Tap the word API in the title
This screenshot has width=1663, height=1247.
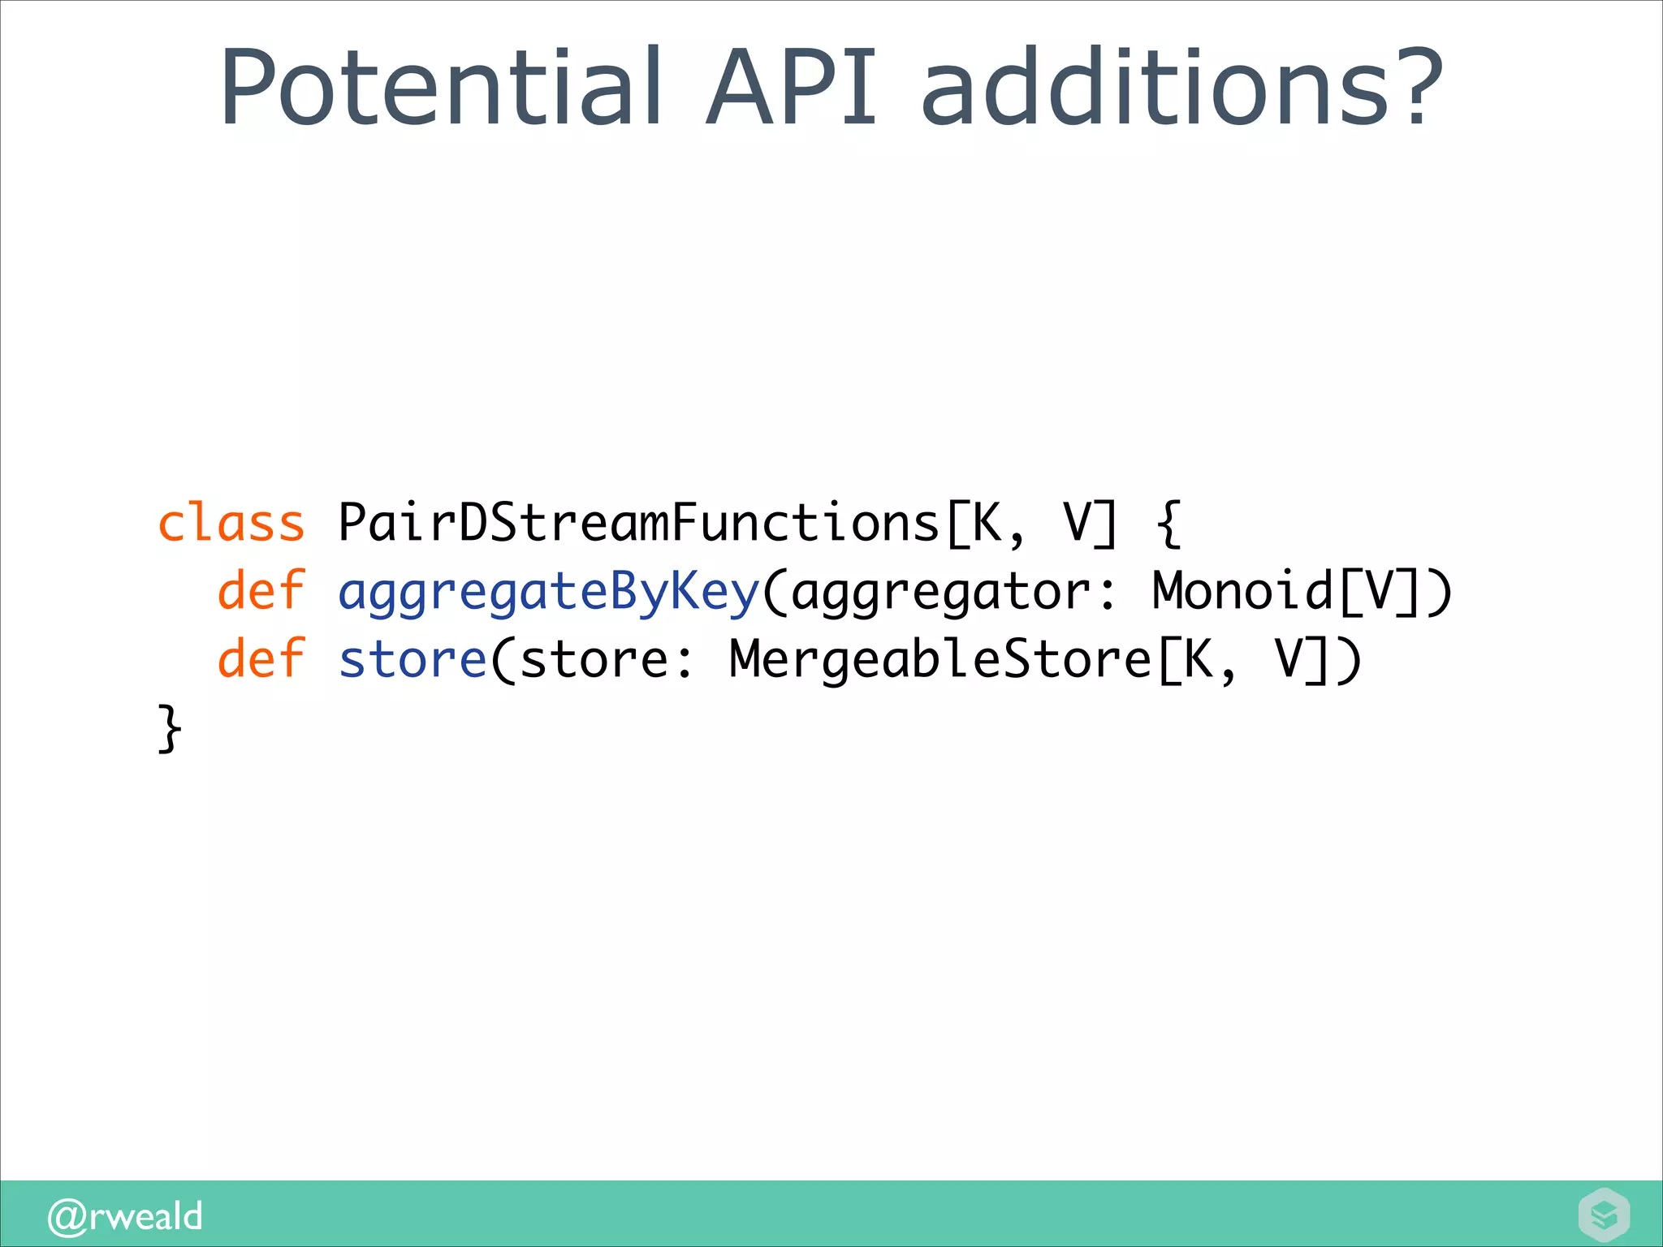pos(791,88)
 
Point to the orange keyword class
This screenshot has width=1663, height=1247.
pos(231,523)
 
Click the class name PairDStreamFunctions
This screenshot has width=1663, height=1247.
pos(638,523)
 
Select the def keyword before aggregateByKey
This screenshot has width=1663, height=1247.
pos(261,590)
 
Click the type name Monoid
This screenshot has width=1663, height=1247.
pos(1242,590)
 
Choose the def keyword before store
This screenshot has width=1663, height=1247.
pos(261,658)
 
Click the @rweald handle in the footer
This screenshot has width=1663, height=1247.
pos(125,1216)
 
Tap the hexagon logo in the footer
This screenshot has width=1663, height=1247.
pos(1604,1215)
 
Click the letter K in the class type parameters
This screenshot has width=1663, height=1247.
pos(987,523)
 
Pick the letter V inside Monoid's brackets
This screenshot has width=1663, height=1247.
pos(1380,590)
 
